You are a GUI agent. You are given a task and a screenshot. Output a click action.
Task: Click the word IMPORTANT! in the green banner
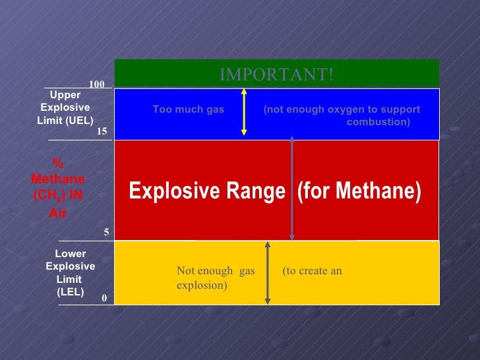point(276,75)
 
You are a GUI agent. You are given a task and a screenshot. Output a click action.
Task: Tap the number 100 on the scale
point(97,84)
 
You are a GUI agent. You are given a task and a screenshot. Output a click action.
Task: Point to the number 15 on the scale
point(102,132)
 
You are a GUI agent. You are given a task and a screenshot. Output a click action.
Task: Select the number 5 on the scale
point(106,233)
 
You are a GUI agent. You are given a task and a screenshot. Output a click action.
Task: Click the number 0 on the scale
point(104,298)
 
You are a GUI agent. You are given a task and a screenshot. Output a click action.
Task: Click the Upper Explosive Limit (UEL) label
point(65,107)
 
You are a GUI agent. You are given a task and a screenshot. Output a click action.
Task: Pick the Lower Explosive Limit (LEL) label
point(70,272)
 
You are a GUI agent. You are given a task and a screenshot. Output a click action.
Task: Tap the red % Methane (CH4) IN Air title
point(57,187)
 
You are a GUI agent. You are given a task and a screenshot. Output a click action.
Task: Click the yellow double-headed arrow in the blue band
point(245,112)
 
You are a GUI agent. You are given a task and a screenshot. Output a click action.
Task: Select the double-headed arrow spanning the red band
point(292,189)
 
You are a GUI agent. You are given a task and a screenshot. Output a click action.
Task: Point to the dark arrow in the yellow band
point(267,272)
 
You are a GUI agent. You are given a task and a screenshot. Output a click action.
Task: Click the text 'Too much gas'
point(189,109)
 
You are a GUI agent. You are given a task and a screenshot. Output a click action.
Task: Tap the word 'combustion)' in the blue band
point(378,123)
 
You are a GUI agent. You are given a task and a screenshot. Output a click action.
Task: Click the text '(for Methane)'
point(359,191)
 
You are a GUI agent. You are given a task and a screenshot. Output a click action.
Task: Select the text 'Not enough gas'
point(216,271)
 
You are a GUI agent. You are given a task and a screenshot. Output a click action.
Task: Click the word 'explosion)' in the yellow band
point(202,285)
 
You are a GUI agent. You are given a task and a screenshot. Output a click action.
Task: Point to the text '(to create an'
point(312,271)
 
